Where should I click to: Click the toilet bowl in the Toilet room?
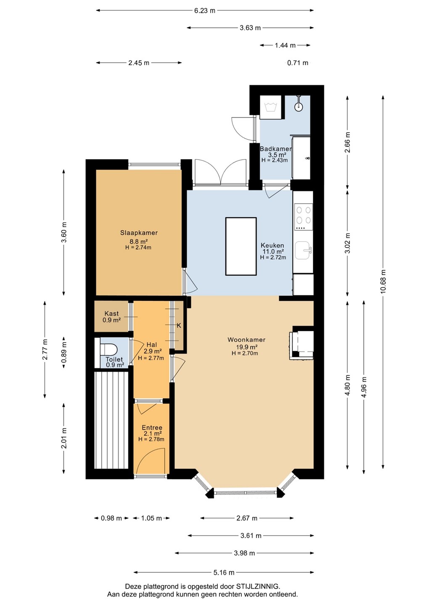[108, 349]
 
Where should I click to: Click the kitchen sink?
[303, 250]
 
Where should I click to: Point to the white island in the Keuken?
[241, 246]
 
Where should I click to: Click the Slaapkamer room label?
[139, 233]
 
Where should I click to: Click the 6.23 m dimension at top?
[205, 11]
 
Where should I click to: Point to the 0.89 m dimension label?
[64, 353]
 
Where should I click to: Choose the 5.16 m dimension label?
[224, 572]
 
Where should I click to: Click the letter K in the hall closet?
[179, 326]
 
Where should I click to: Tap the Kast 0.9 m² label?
[111, 317]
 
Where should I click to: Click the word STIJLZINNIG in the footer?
[258, 587]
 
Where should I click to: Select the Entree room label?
[152, 428]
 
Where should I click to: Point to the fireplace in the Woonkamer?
[301, 343]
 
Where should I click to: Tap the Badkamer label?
[276, 149]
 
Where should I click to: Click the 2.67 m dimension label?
[247, 518]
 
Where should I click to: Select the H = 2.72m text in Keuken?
[273, 257]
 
